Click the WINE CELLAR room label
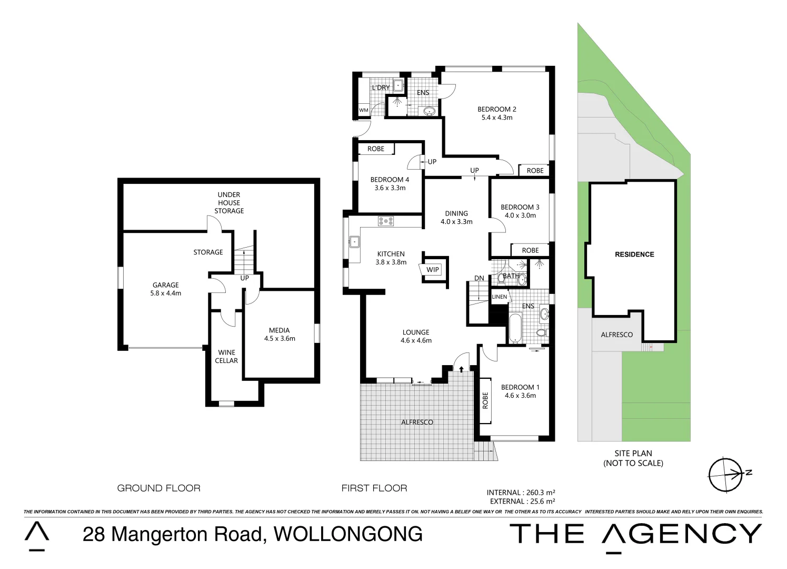(226, 357)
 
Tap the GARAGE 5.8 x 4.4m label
(165, 289)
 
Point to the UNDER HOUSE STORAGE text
(229, 203)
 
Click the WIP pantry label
(433, 270)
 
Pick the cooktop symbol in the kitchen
(386, 221)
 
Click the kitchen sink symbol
(354, 242)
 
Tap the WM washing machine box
(364, 110)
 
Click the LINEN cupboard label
(500, 297)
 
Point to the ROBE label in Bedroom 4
(376, 149)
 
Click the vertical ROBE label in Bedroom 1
(485, 400)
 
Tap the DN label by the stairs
(479, 278)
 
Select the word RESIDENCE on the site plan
(634, 254)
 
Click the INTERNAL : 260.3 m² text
(521, 493)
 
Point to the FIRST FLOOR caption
(374, 488)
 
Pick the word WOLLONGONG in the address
(348, 534)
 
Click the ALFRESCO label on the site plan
(617, 335)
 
